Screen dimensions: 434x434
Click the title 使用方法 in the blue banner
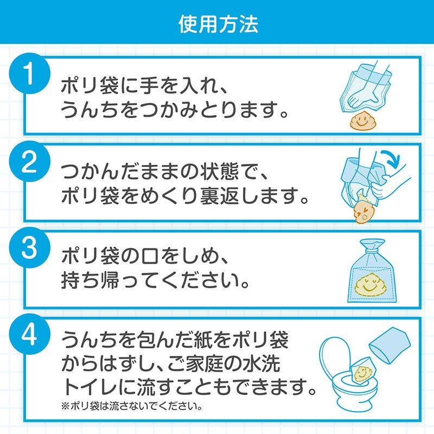(219, 24)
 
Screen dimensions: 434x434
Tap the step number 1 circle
(30, 73)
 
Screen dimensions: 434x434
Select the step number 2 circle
(30, 161)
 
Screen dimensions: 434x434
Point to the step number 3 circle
(30, 247)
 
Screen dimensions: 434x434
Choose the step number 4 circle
(30, 334)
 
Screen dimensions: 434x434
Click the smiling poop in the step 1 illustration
(361, 120)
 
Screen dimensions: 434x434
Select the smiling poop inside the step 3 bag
(369, 284)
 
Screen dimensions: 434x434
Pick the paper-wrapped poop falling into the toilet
(362, 371)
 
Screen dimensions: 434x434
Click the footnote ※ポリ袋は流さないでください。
(132, 406)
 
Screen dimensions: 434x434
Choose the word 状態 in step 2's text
(219, 171)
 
